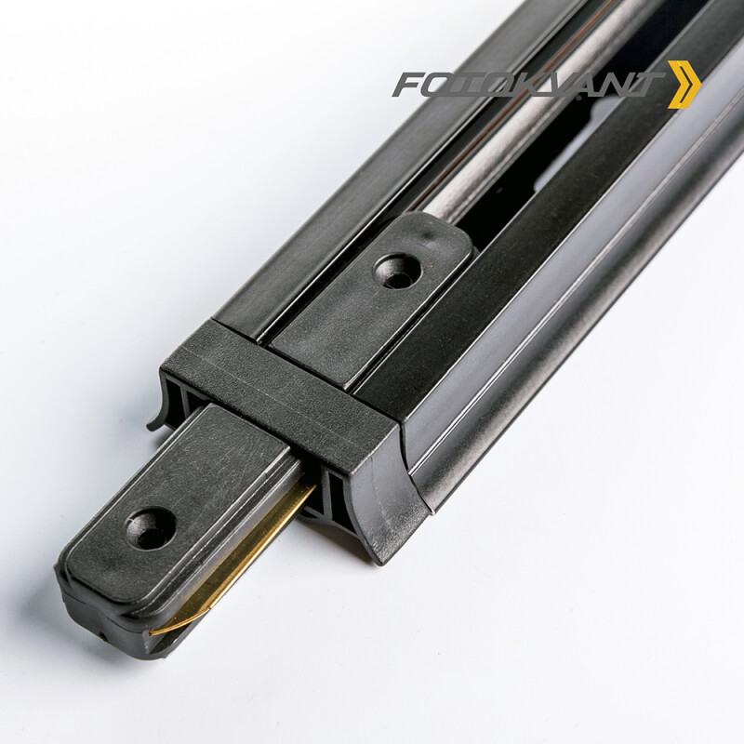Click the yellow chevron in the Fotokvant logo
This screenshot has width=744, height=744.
pyautogui.click(x=685, y=85)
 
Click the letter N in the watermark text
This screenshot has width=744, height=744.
pyautogui.click(x=620, y=85)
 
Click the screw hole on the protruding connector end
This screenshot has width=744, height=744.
pyautogui.click(x=152, y=527)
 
